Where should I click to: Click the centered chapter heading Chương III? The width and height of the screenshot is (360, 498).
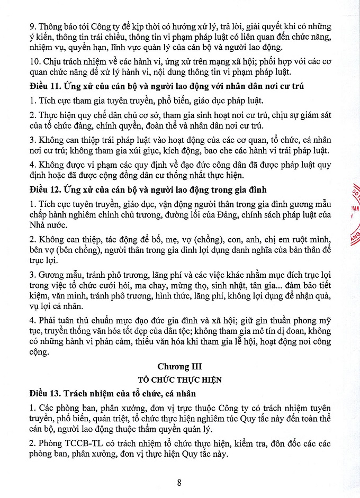pyautogui.click(x=180, y=366)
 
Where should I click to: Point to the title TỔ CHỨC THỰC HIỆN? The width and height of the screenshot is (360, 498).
pyautogui.click(x=180, y=379)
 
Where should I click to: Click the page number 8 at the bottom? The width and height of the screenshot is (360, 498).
pyautogui.click(x=180, y=482)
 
